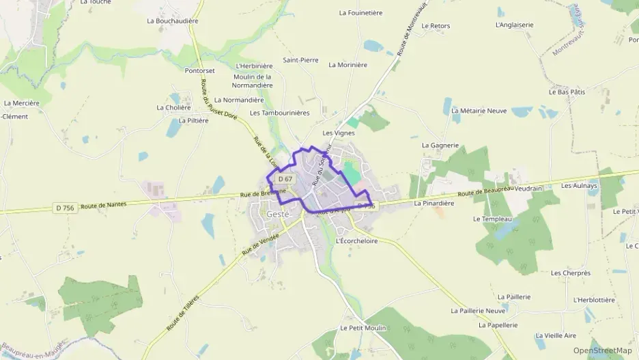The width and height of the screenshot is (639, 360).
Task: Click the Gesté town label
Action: (278, 214)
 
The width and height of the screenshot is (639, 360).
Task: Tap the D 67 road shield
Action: (285, 179)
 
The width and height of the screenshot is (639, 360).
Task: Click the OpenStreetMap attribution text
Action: (603, 350)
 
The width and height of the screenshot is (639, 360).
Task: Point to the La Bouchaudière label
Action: (172, 21)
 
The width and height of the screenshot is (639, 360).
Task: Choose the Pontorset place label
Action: (200, 70)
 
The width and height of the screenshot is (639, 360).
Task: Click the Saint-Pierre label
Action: (300, 60)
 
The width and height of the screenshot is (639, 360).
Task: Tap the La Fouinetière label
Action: (360, 13)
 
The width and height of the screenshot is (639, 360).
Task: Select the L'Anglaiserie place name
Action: (514, 25)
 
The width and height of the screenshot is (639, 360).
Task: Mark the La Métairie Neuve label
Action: (483, 110)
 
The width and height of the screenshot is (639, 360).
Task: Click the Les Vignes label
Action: (338, 133)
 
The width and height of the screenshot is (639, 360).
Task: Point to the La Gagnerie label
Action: (440, 145)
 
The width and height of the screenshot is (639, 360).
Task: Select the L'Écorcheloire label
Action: (356, 240)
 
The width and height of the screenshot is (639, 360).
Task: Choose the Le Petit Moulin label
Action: (363, 328)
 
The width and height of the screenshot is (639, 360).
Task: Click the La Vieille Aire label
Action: (556, 335)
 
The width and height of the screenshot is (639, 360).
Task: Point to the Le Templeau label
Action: (492, 219)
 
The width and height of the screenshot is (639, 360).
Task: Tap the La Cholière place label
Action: (173, 107)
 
